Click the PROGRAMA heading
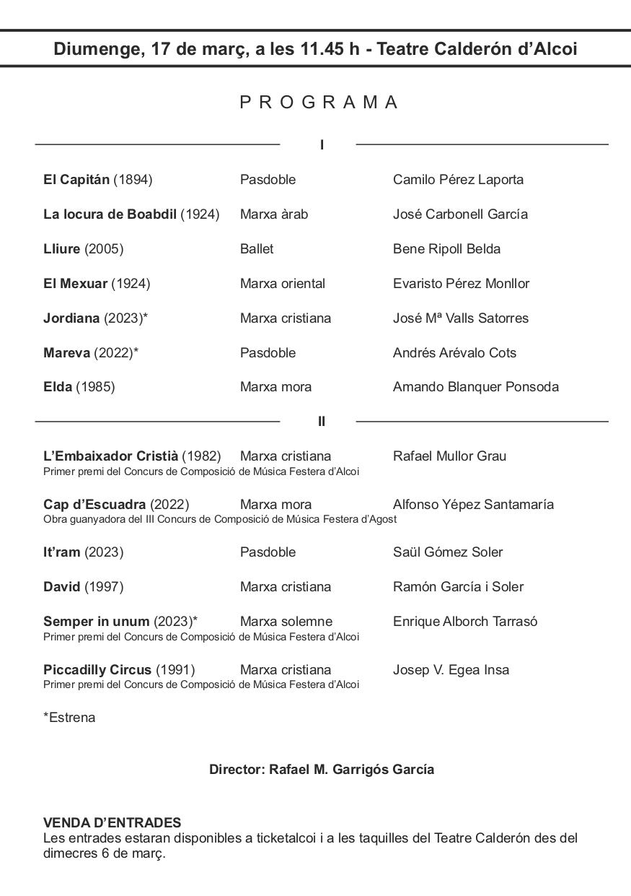tap(319, 103)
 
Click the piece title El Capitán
tap(76, 180)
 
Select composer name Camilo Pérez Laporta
tap(458, 180)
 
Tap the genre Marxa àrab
tap(274, 214)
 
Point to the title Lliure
tap(62, 249)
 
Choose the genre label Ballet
tap(257, 249)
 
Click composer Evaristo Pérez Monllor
tap(461, 284)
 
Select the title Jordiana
tap(72, 318)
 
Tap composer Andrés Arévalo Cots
tap(454, 353)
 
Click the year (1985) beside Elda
tap(95, 387)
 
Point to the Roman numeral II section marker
tap(322, 422)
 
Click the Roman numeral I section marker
tap(322, 145)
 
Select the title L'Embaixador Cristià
tap(110, 456)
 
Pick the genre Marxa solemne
tap(286, 622)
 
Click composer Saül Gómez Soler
tap(448, 552)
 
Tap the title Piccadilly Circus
tap(97, 670)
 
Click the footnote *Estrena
tap(69, 718)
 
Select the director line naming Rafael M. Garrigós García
tap(322, 770)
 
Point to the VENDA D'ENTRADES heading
tap(112, 823)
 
